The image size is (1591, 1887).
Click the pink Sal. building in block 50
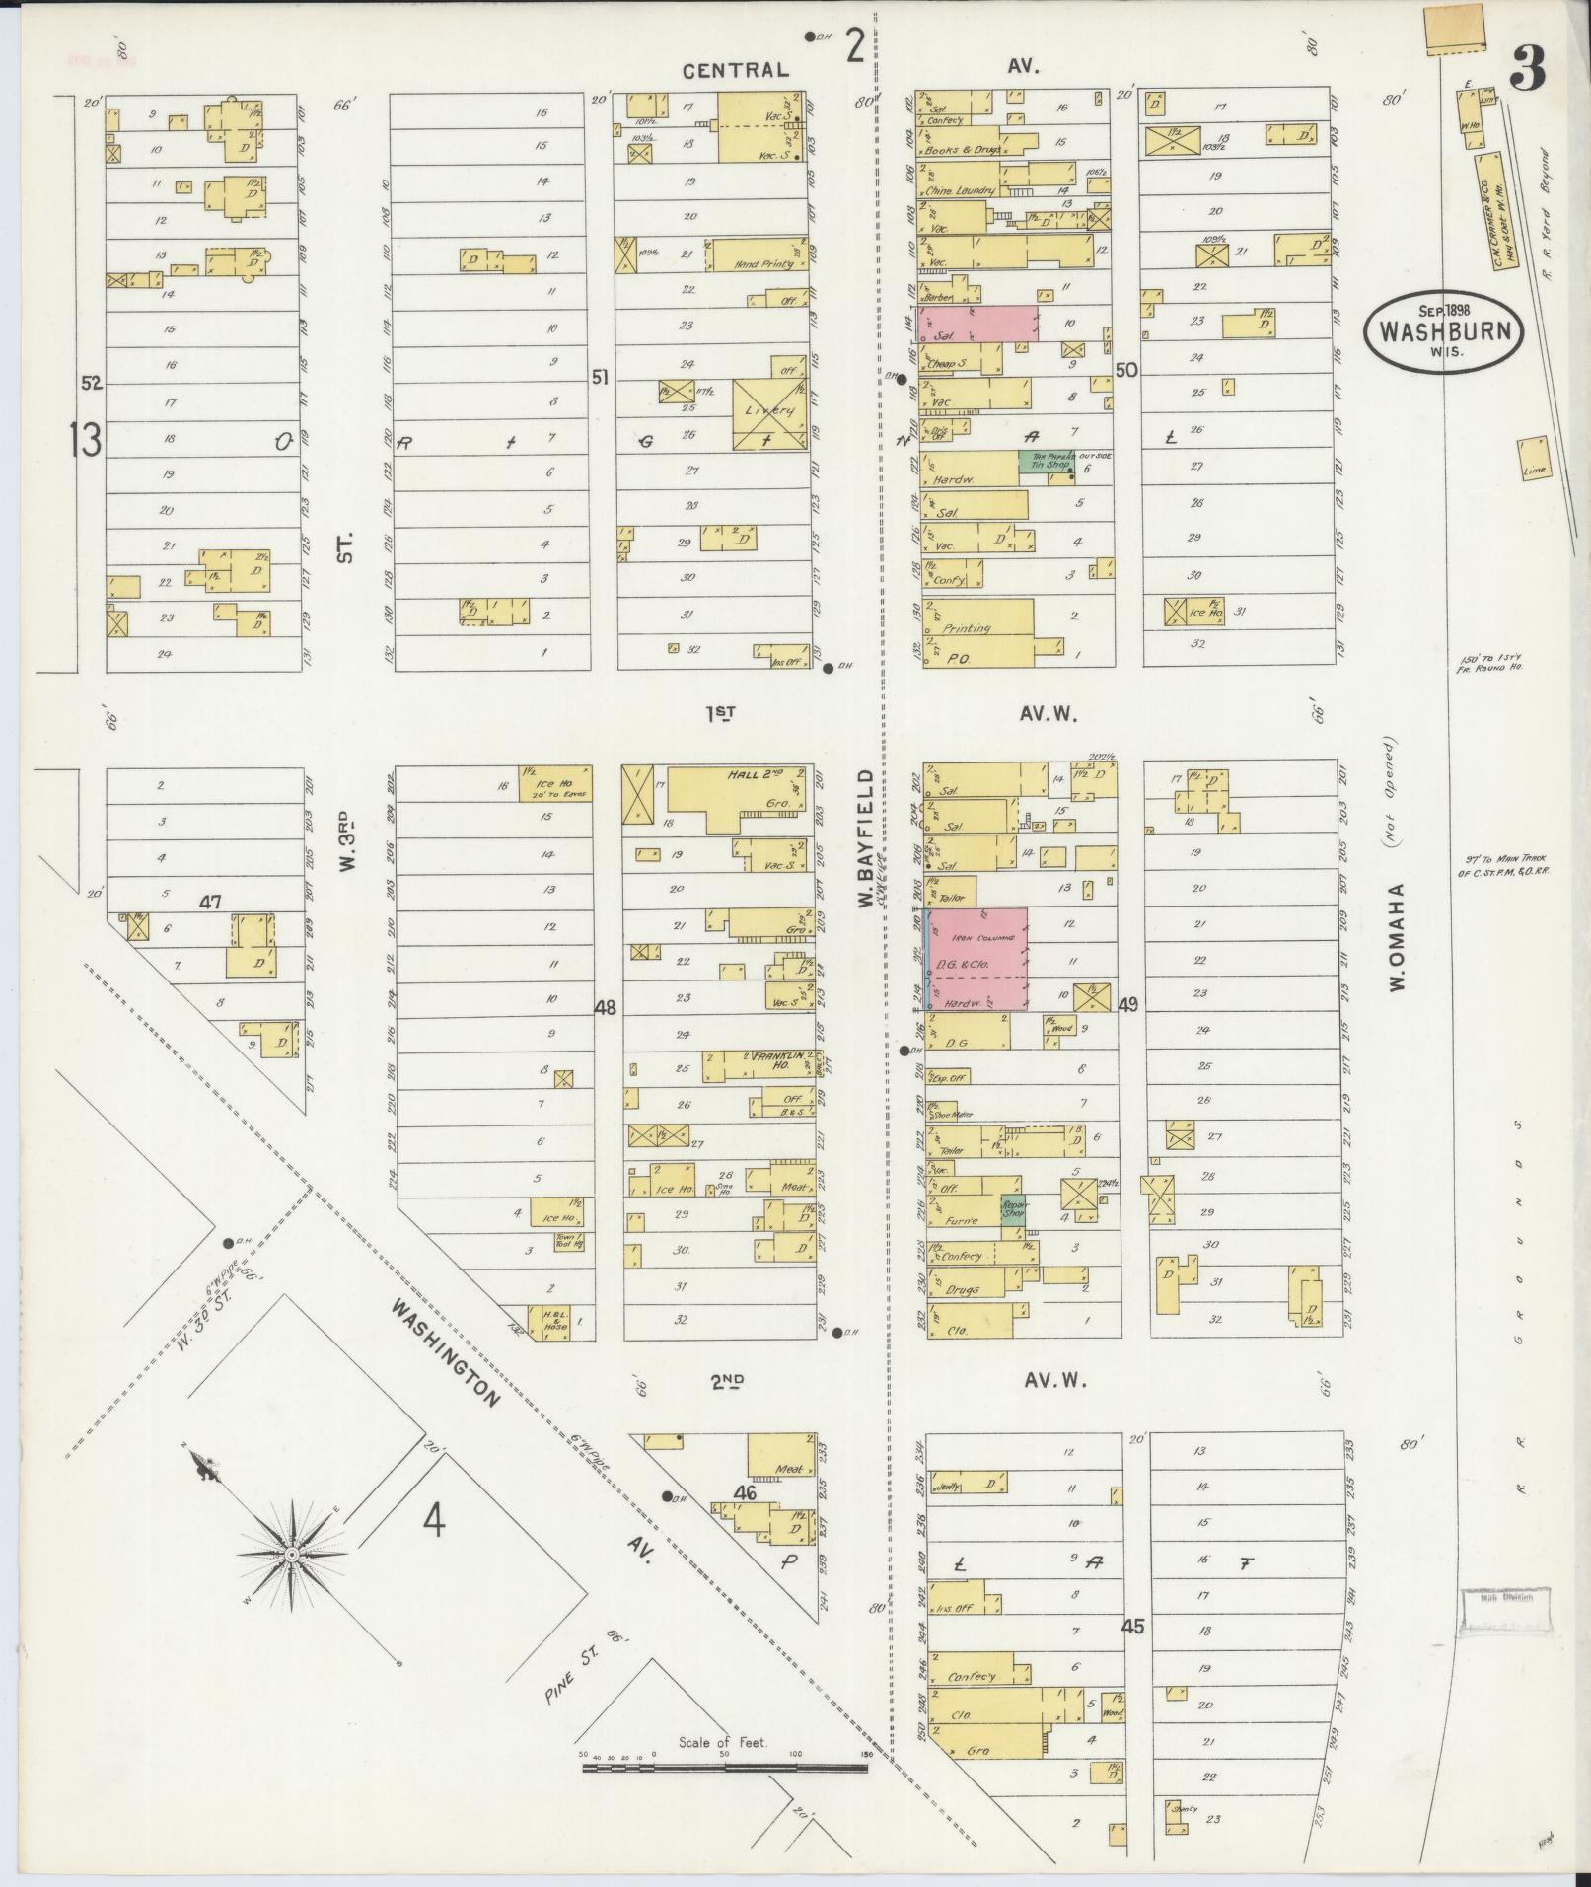click(x=976, y=324)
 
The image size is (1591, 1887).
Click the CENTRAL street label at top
click(x=737, y=70)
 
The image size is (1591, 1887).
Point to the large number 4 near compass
click(x=434, y=1550)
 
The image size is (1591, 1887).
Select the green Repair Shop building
click(x=1013, y=1209)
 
